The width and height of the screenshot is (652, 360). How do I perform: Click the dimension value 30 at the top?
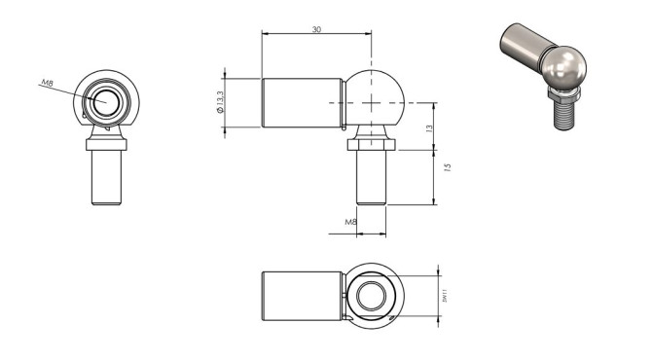316,30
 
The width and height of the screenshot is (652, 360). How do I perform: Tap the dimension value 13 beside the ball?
429,127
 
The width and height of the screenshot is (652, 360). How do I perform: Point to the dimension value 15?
446,167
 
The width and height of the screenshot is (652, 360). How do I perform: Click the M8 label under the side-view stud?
351,222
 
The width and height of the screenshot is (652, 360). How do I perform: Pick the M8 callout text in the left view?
46,84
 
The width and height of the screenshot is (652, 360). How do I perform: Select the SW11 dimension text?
444,293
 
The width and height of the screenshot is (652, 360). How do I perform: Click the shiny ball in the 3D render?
564,68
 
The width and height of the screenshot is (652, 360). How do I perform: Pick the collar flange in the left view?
106,144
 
